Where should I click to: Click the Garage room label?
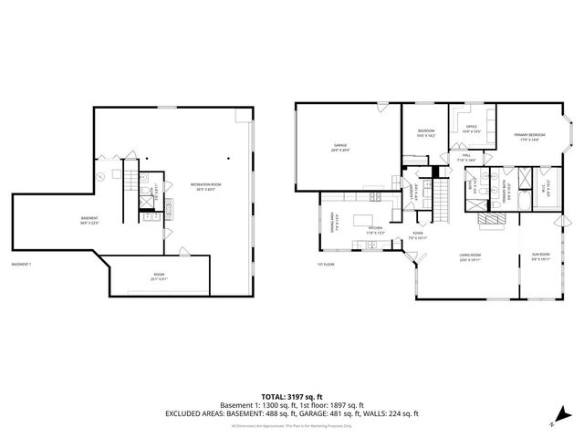coord(340,147)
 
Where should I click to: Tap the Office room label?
coord(472,129)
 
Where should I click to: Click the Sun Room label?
coord(540,255)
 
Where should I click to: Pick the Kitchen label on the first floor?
coord(375,230)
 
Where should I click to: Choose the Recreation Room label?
coord(206,187)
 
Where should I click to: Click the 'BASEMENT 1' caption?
coord(21,265)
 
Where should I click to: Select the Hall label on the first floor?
coord(465,157)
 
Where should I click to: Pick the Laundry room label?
coord(413,193)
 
